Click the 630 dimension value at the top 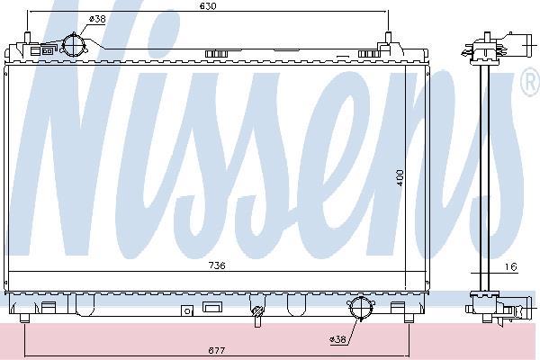tap(208, 6)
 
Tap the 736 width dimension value tap(217, 265)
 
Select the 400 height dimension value tap(400, 178)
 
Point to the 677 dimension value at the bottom tap(217, 350)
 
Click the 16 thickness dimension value tap(511, 266)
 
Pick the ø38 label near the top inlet tap(97, 19)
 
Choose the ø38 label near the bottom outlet tap(337, 339)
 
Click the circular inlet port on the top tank tap(74, 45)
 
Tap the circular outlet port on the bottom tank tap(361, 307)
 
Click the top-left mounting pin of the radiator tap(28, 37)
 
